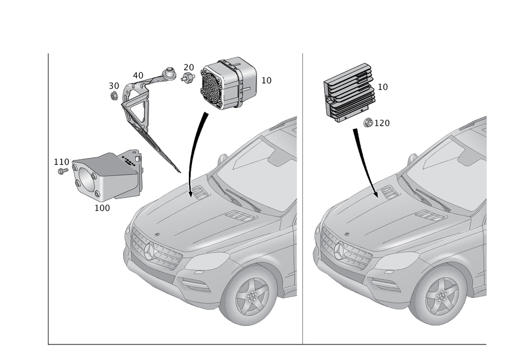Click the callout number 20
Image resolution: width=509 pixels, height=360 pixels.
189,68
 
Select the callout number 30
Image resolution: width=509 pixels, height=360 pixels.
114,86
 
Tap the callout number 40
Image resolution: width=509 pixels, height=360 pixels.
138,76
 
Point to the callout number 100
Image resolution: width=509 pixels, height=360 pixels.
102,208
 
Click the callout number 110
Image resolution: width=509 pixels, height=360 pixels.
62,161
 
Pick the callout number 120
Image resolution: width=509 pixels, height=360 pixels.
382,123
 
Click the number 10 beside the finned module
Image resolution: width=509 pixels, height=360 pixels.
383,87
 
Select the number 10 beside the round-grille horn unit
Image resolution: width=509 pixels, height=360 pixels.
266,80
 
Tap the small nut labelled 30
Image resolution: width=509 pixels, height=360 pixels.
114,96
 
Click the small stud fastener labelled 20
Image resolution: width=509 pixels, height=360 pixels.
187,78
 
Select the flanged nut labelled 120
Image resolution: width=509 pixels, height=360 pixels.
368,123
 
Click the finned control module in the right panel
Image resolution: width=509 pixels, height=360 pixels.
349,93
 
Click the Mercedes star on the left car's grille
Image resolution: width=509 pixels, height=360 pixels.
150,251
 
